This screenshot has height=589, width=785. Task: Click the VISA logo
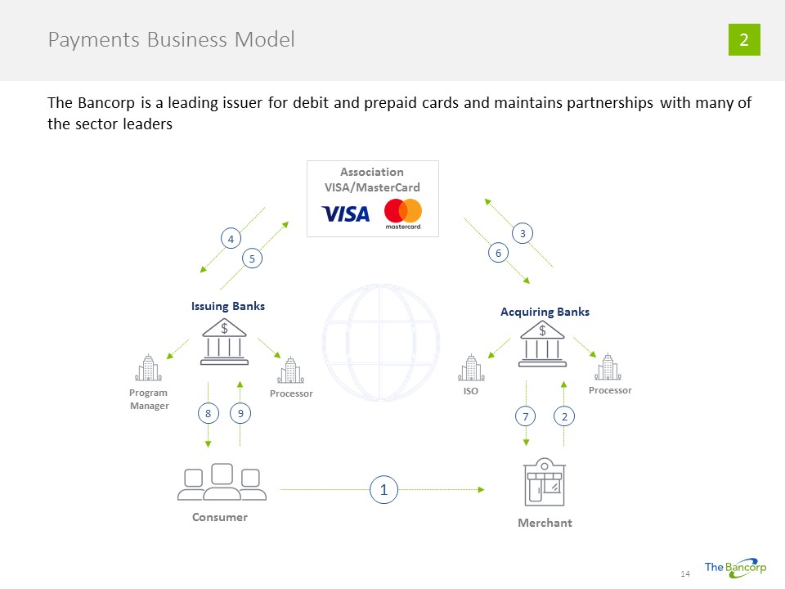pos(346,214)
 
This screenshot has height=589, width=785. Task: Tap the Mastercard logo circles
pos(403,211)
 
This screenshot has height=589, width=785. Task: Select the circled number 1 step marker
pos(384,490)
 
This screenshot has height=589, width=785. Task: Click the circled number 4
pos(231,239)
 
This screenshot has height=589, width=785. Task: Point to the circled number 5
pos(253,259)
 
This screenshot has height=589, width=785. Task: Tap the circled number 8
pos(209,414)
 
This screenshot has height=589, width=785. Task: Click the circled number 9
pos(240,414)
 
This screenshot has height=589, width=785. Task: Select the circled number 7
pos(526,417)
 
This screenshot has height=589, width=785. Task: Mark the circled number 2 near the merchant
pos(564,417)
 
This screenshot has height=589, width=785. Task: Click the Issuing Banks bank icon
pos(224,342)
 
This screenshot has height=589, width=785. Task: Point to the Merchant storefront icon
pos(544,483)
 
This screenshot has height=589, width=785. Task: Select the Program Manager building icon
pos(149,368)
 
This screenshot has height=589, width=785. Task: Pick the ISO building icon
pos(470,368)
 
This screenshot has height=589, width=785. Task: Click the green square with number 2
pos(744,40)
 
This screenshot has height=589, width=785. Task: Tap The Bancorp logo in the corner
pos(735,568)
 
